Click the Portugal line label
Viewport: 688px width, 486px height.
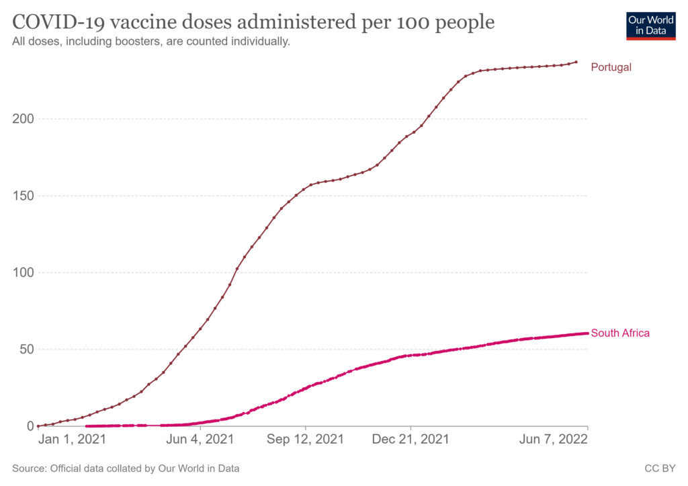pyautogui.click(x=611, y=67)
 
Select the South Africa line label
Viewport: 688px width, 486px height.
pyautogui.click(x=620, y=333)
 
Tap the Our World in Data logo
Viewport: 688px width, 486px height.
pyautogui.click(x=650, y=25)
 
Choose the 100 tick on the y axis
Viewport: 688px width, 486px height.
pyautogui.click(x=21, y=272)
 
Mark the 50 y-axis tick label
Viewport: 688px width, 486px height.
pyautogui.click(x=25, y=349)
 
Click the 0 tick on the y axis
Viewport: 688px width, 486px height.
pyautogui.click(x=29, y=426)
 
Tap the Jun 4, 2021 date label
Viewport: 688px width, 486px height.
pyautogui.click(x=201, y=440)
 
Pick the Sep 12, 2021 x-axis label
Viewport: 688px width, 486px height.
pyautogui.click(x=306, y=440)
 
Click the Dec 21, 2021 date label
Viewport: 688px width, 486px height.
pyautogui.click(x=411, y=440)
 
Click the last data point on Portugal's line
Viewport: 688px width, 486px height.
pyautogui.click(x=576, y=63)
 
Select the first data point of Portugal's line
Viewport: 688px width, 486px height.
pyautogui.click(x=38, y=426)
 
